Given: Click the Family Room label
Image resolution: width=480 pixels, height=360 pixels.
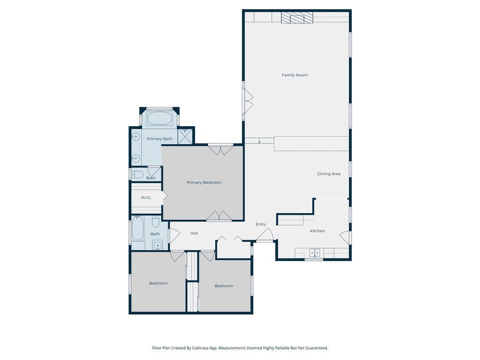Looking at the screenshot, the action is (294, 75).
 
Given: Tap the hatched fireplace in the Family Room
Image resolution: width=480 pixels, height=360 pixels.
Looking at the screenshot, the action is (297, 17).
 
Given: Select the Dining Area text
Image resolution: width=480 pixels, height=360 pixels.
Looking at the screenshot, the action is (329, 174).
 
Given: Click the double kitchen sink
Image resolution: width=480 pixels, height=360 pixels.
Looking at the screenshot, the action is (315, 253).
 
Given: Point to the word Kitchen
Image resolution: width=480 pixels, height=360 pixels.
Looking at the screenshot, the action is (317, 231).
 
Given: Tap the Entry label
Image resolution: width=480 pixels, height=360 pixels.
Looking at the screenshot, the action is (261, 224).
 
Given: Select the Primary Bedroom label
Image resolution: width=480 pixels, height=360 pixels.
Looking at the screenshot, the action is (204, 182).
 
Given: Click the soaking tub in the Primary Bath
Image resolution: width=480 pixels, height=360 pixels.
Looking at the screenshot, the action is (159, 118).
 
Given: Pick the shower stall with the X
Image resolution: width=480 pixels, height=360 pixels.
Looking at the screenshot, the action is (185, 136).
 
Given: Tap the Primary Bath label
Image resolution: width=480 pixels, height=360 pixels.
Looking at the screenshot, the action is (159, 139).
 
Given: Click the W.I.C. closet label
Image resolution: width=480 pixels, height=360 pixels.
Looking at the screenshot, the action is (146, 198).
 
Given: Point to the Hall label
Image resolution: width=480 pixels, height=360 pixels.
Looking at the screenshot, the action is (194, 233).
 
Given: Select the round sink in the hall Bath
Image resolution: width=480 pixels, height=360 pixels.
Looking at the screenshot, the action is (158, 245).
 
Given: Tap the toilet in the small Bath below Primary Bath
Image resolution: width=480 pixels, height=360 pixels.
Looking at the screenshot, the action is (137, 175).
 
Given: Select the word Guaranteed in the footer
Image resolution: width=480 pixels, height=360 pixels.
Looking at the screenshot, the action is (317, 348).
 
